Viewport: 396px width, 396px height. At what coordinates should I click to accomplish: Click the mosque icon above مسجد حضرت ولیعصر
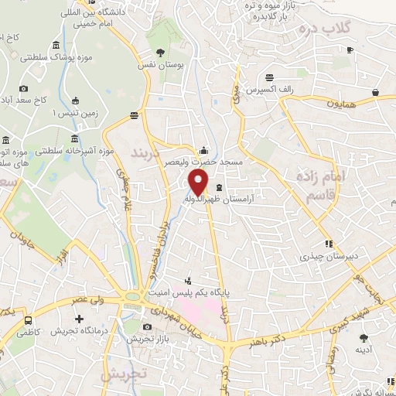tap(203, 150)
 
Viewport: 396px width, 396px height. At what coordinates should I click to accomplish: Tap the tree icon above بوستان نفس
tap(160, 53)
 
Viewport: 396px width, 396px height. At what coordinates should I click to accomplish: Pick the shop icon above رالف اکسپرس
tap(269, 77)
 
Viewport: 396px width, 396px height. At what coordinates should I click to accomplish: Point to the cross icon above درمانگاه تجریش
tap(78, 319)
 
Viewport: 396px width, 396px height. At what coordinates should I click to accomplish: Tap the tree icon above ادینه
tap(363, 337)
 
